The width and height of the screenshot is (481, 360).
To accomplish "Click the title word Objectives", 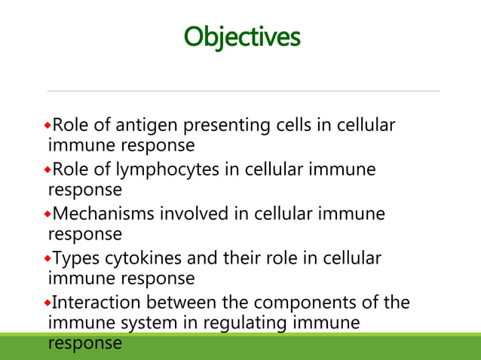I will coord(242,35).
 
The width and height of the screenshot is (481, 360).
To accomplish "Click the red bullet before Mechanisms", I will coord(50,213).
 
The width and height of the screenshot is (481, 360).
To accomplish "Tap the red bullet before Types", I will coord(50,258).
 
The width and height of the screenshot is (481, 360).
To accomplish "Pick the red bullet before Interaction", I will coord(50,302).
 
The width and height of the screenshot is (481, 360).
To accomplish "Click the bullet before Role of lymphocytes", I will coord(50,169).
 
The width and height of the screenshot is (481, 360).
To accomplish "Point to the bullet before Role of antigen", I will coord(50,124).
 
